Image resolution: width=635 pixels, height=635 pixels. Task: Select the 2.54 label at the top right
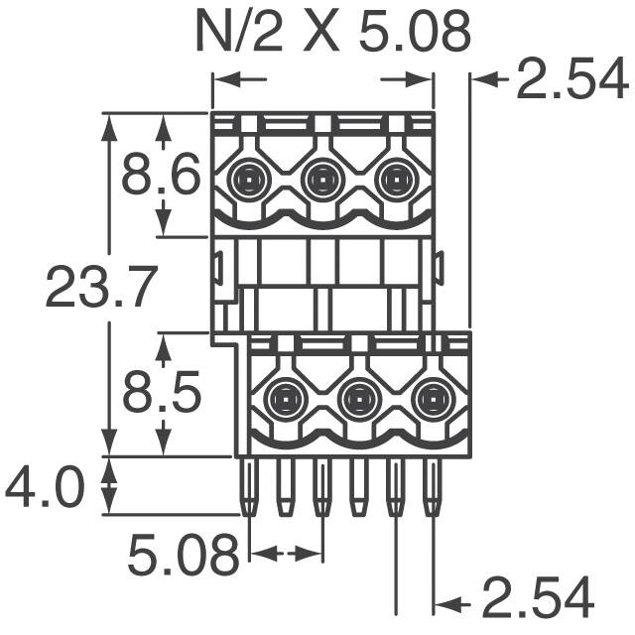pyautogui.click(x=571, y=81)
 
